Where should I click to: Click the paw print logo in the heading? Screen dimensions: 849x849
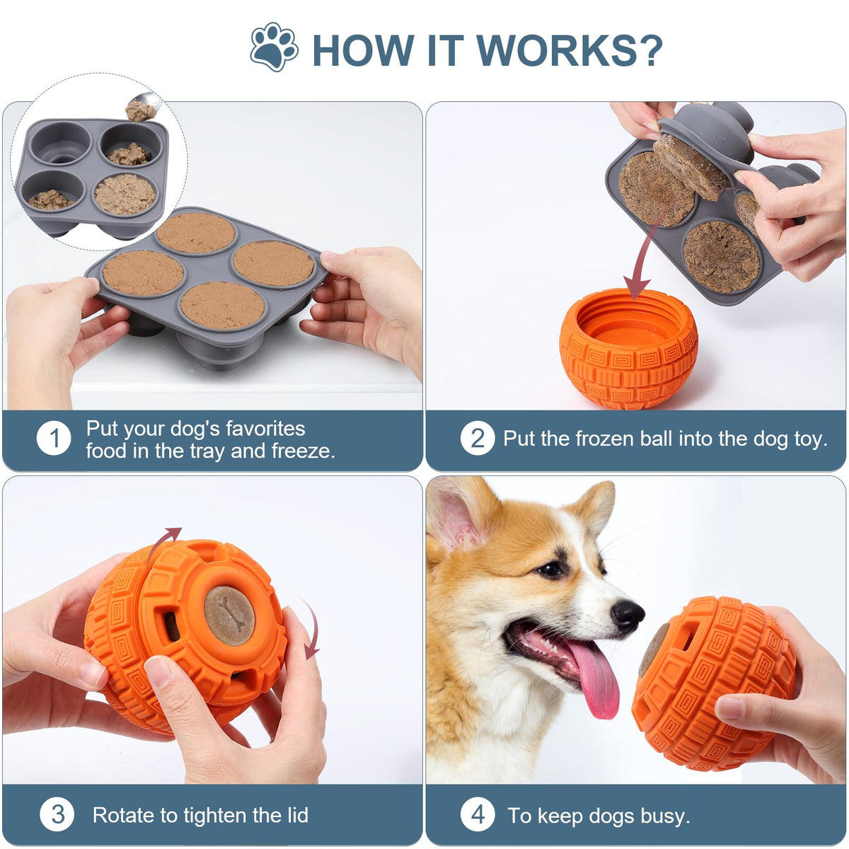(274, 47)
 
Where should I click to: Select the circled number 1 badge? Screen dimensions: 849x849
(54, 439)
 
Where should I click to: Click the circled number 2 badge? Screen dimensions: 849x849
(477, 439)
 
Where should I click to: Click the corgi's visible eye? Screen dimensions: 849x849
(549, 570)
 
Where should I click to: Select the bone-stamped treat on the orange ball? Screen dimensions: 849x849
(229, 616)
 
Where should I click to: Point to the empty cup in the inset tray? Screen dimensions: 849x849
(61, 143)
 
